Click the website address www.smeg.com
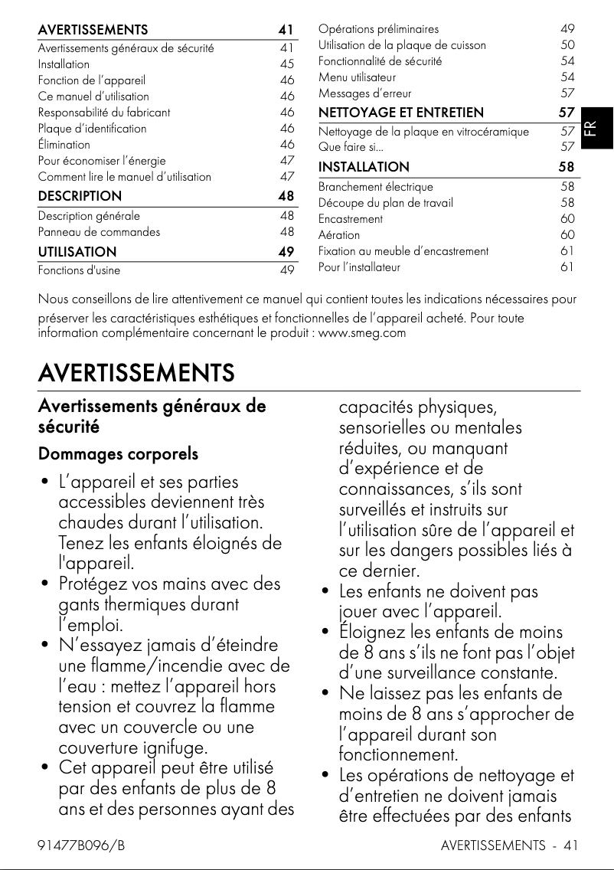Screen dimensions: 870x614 361,333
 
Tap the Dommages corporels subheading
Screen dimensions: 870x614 118,454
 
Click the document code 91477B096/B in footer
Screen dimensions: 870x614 81,845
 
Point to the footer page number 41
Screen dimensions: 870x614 570,845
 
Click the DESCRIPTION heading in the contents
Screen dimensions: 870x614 80,196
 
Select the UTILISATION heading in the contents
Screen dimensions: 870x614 77,251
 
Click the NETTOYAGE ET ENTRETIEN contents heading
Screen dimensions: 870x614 400,113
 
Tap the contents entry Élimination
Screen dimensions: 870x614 64,144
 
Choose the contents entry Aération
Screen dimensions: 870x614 339,234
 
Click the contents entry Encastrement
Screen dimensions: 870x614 351,218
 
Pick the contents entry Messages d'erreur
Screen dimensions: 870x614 361,93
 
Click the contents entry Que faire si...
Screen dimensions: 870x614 351,146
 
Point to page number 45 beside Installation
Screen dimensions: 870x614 287,64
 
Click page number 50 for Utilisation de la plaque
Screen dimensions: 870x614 567,45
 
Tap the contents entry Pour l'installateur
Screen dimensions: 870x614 359,267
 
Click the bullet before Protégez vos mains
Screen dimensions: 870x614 44,584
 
